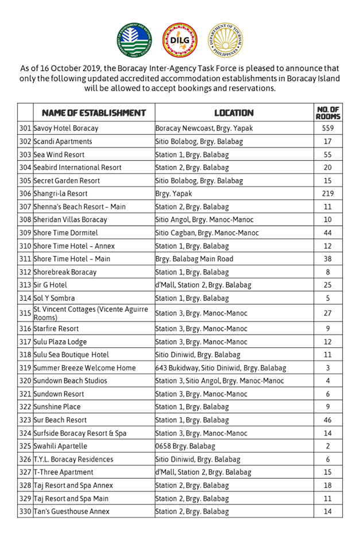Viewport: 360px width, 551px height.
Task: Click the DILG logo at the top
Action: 180,40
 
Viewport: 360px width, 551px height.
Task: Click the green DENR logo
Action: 135,40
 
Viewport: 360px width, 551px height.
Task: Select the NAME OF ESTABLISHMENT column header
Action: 90,113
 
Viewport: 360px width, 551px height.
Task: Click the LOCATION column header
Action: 234,113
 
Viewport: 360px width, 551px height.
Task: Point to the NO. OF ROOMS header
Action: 328,113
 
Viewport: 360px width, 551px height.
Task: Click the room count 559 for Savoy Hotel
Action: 328,129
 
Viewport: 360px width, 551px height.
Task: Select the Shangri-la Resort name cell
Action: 61,194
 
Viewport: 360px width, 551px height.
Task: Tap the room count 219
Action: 328,194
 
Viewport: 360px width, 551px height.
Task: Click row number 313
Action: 25,285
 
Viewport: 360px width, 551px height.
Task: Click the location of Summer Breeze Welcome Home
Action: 221,368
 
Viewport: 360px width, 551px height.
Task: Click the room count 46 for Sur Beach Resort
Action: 328,420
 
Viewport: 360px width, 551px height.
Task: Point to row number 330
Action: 25,512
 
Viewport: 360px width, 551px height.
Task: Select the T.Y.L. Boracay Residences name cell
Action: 73,460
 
